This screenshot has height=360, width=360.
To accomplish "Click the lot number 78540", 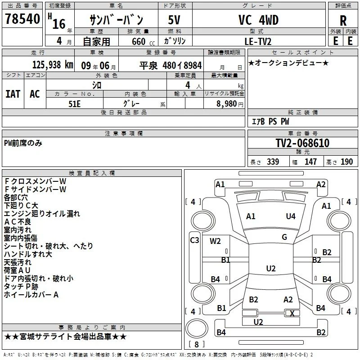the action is coord(22,19).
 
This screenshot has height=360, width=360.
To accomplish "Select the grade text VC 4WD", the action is coord(258,20).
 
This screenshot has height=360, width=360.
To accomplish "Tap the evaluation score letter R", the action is coord(343,21).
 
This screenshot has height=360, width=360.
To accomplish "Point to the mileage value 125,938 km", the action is coord(53,65).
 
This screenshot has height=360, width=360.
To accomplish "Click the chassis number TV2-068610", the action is coord(302,143).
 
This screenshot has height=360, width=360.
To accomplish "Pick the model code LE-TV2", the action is coord(258,41).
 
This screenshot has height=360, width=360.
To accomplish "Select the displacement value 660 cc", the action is coord(143,41).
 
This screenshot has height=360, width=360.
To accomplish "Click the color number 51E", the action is coord(74,104).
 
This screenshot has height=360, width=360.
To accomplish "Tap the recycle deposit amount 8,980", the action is coord(227,104).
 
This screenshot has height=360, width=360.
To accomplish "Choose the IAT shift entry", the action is coord(13,94).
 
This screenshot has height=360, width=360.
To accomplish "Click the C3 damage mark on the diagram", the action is coord(194,240).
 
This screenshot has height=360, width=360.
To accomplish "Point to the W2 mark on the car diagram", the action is coord(215,241).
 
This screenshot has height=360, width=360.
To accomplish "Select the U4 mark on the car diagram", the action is coord(291,216).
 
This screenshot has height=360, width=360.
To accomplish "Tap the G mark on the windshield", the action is coord(284,237).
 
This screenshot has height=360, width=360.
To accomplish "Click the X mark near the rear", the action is coord(292,313).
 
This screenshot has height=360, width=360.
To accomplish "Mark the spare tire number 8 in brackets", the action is coord(197,344).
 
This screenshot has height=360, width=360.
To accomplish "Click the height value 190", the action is coord(346,162).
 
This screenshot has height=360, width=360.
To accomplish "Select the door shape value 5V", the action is coord(174,20).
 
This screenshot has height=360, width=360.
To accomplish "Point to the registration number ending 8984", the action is coord(171,65).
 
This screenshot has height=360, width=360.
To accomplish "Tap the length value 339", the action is coord(273,162).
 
